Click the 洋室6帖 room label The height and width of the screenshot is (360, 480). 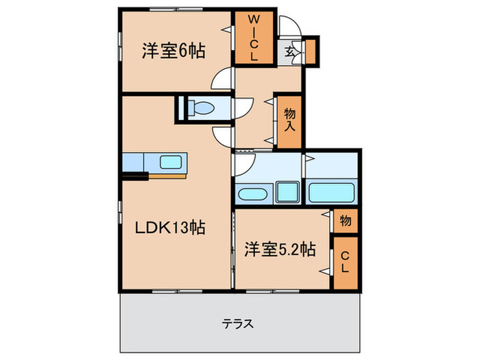(174, 51)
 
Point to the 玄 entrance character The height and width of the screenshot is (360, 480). (289, 51)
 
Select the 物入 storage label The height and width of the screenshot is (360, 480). (289, 121)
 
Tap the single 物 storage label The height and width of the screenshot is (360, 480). (344, 221)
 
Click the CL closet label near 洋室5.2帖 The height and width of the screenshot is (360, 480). (344, 262)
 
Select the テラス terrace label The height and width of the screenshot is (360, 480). (239, 323)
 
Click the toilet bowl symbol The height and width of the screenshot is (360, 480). (203, 108)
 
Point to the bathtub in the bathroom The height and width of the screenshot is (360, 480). (332, 192)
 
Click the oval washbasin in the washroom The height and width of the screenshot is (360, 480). (253, 191)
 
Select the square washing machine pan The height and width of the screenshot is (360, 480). (289, 191)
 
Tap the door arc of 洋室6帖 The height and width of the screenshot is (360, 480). (222, 80)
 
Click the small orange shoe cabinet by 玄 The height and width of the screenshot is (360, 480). (310, 51)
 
